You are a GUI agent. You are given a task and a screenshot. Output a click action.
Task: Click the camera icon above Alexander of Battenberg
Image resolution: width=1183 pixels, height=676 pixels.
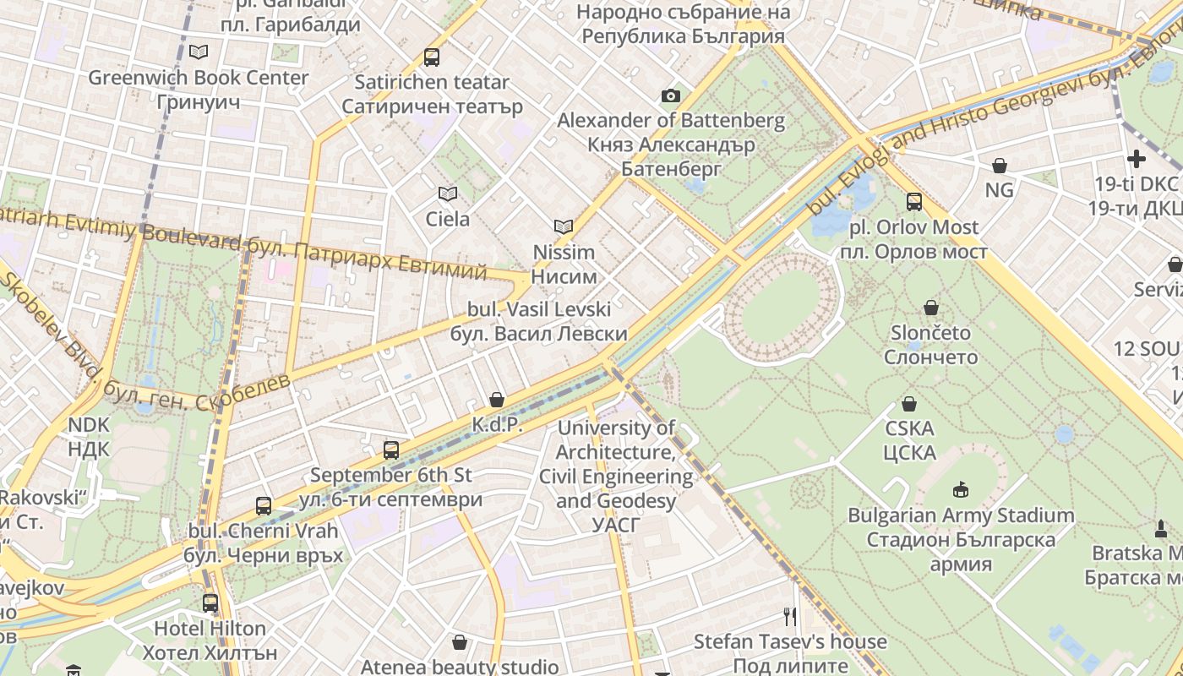671,96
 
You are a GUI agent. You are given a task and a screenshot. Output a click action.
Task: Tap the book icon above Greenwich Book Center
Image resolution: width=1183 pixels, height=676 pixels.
199,52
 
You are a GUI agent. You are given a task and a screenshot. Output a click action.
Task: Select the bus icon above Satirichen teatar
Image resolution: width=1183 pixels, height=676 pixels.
432,57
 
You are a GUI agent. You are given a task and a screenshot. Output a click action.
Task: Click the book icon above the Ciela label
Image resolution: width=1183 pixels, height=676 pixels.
448,194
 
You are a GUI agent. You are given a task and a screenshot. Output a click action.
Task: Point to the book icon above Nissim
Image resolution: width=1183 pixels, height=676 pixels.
564,226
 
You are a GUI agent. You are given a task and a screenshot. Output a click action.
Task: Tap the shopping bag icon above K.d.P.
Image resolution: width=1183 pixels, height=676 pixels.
497,400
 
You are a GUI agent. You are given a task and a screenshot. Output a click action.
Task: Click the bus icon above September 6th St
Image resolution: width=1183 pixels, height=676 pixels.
390,450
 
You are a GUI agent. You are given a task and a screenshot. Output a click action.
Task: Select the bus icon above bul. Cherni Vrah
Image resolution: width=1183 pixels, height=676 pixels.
264,506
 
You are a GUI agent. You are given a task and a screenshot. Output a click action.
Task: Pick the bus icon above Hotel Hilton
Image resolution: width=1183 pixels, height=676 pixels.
210,603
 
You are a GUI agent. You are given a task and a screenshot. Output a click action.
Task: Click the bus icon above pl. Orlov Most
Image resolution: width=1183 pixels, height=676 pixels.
914,202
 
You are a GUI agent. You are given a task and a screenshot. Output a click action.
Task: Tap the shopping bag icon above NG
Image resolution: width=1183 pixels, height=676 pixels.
1000,165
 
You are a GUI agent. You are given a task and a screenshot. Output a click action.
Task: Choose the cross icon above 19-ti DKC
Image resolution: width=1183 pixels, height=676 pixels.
1137,159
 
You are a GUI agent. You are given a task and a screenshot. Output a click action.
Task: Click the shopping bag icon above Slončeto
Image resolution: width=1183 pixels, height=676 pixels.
931,308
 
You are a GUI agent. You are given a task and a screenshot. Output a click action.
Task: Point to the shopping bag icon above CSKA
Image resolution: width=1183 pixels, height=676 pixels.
909,404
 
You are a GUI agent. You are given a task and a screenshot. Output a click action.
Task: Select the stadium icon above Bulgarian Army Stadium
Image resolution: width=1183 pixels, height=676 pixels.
961,490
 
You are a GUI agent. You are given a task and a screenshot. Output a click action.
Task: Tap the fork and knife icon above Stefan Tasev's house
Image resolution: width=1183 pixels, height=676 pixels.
790,617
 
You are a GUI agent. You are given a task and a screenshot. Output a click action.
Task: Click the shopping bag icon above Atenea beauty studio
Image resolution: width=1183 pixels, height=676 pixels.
460,643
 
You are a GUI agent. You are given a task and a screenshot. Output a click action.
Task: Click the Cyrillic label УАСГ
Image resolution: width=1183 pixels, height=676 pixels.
616,526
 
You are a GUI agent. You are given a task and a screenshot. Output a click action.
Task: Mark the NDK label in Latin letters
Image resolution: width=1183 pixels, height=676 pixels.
89,424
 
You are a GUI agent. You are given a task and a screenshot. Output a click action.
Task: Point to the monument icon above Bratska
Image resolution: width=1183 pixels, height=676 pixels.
1161,529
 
